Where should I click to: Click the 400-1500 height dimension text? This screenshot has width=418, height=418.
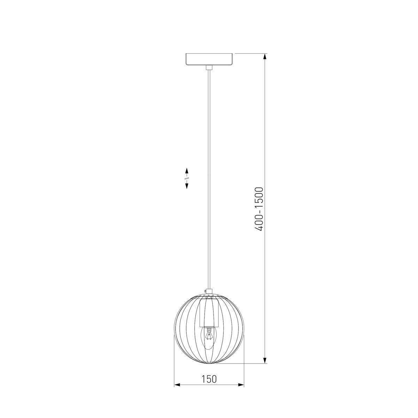259,209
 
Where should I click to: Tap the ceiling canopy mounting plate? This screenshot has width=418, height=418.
209,59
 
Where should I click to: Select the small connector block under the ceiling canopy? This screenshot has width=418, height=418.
209,68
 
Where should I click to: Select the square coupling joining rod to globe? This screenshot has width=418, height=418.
209,291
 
